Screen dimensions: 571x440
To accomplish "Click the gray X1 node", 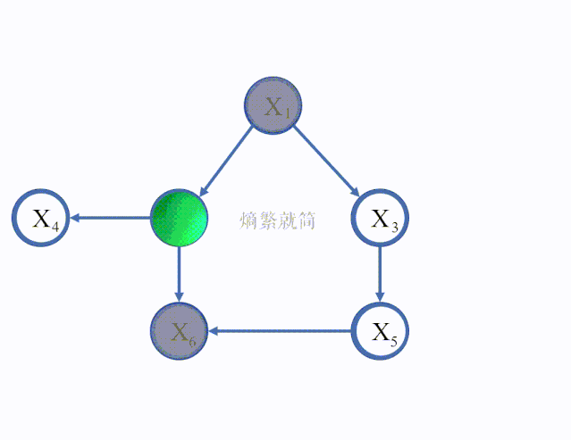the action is (273, 106).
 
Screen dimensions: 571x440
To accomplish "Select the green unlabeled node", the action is (179, 218).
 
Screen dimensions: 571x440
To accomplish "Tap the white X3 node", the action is (381, 218).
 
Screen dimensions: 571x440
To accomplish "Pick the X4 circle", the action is (40, 218).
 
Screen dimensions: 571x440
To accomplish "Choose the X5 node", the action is (381, 331).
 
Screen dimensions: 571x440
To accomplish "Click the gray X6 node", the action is (179, 331).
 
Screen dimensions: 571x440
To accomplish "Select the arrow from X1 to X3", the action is (326, 162).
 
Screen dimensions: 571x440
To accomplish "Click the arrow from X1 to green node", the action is (227, 161).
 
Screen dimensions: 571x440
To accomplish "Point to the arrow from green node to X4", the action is (112, 218).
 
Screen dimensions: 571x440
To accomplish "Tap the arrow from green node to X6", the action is (179, 272).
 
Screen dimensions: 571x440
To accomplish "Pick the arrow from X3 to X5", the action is (381, 272).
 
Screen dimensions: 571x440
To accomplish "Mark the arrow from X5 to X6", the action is (281, 331).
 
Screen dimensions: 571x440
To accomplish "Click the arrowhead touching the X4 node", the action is (77, 218).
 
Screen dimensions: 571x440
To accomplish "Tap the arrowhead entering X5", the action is (381, 296).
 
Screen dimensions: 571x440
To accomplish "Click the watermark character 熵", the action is (249, 220).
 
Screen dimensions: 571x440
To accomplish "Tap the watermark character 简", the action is (306, 220).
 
